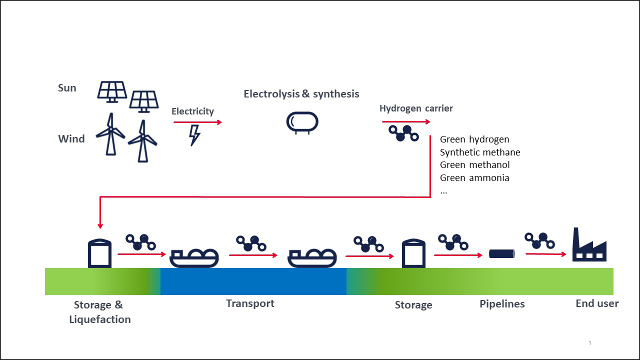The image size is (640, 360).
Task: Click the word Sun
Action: pyautogui.click(x=67, y=88)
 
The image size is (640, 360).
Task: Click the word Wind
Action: pyautogui.click(x=71, y=139)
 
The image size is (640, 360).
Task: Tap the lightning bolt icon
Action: pyautogui.click(x=194, y=135)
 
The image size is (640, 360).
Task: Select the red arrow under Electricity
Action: pyautogui.click(x=197, y=122)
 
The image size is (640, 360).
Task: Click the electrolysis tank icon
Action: pyautogui.click(x=302, y=123)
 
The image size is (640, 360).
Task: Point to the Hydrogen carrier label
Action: pyautogui.click(x=416, y=108)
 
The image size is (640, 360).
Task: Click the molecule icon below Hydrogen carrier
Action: pyautogui.click(x=403, y=133)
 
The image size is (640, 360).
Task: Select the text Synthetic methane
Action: pyautogui.click(x=480, y=152)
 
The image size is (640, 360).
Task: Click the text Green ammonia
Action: pyautogui.click(x=474, y=177)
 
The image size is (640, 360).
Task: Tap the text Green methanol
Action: pyautogui.click(x=475, y=165)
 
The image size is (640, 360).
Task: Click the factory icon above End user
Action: pyautogui.click(x=589, y=244)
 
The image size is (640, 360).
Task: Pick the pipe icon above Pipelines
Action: pyautogui.click(x=502, y=253)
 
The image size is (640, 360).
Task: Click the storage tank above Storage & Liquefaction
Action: pyautogui.click(x=99, y=253)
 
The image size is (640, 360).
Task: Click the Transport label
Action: pyautogui.click(x=250, y=303)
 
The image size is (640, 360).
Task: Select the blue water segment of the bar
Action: pyautogui.click(x=253, y=281)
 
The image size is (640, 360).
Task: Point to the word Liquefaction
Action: pyautogui.click(x=100, y=319)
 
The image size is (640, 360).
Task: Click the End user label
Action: pyautogui.click(x=597, y=303)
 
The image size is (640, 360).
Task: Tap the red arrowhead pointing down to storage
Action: pyautogui.click(x=100, y=226)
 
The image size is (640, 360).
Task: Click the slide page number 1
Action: pyautogui.click(x=590, y=343)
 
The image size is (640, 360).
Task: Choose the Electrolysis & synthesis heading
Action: pyautogui.click(x=301, y=94)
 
